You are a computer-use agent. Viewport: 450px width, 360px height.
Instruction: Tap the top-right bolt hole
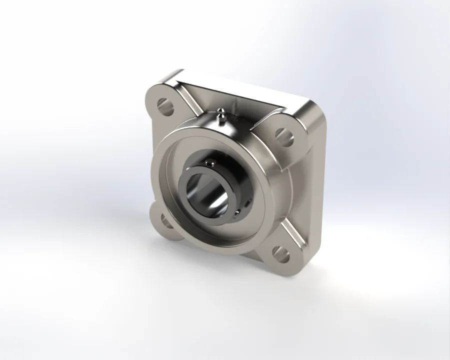click(284, 136)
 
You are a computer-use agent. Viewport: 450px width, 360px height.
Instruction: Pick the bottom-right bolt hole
click(281, 254)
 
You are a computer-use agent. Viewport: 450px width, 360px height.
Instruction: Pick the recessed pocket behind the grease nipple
click(240, 107)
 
